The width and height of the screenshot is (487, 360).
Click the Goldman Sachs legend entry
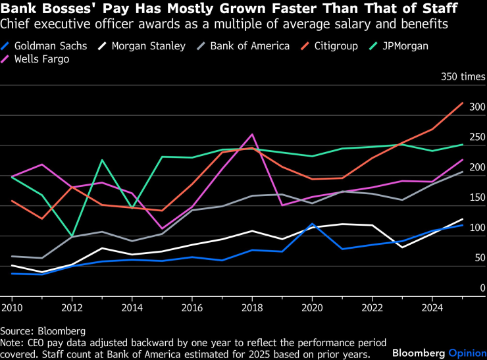pyautogui.click(x=50, y=46)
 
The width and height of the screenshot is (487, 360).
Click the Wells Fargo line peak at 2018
pyautogui.click(x=252, y=134)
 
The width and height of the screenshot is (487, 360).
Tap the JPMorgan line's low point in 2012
pyautogui.click(x=72, y=236)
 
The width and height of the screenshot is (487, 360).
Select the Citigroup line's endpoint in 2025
pyautogui.click(x=463, y=103)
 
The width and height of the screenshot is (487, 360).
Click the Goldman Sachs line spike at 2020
pyautogui.click(x=313, y=224)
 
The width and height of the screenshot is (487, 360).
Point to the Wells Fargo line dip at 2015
pyautogui.click(x=162, y=229)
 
